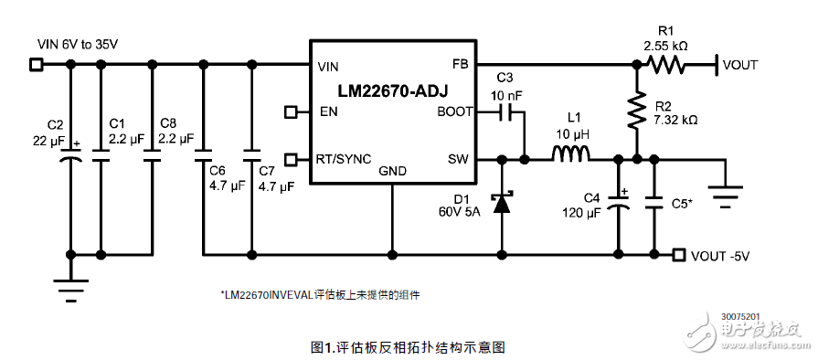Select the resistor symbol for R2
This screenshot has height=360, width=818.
pyautogui.click(x=635, y=111)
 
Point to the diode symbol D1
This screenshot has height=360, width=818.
pyautogui.click(x=501, y=202)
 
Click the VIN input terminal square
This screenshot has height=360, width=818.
pyautogui.click(x=37, y=64)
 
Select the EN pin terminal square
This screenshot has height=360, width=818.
pyautogui.click(x=292, y=112)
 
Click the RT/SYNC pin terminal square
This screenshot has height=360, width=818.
pyautogui.click(x=292, y=159)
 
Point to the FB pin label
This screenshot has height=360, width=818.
pyautogui.click(x=459, y=65)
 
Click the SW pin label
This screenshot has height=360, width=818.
pyautogui.click(x=457, y=159)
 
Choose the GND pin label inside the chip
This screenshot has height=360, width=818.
pyautogui.click(x=393, y=170)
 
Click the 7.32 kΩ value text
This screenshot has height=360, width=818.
pyautogui.click(x=676, y=120)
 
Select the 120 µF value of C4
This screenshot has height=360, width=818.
pyautogui.click(x=581, y=212)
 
